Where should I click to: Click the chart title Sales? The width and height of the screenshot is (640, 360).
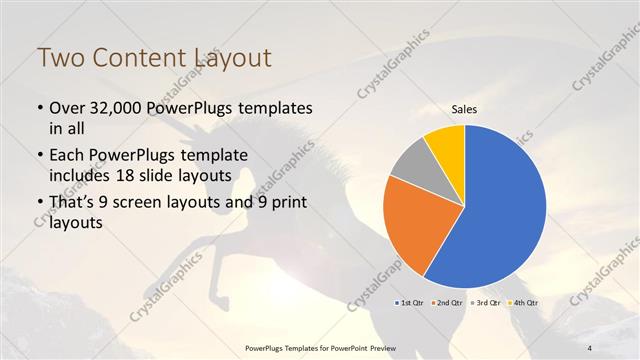465,109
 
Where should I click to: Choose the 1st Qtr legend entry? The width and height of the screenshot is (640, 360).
412,302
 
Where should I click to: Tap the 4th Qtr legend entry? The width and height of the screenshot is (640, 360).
525,302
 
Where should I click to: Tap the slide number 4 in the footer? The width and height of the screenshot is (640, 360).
590,347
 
